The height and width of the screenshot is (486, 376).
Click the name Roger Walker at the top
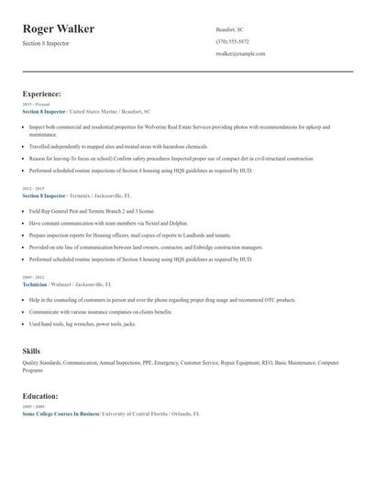pyautogui.click(x=59, y=28)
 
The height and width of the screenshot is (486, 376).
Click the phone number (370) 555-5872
pyautogui.click(x=232, y=41)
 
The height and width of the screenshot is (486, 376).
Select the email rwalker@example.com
pyautogui.click(x=240, y=53)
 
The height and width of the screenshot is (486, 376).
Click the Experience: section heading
pyautogui.click(x=42, y=94)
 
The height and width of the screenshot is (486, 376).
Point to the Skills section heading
pyautogui.click(x=31, y=351)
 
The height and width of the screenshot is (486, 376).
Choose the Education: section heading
pyautogui.click(x=40, y=396)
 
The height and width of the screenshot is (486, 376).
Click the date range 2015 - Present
pyautogui.click(x=37, y=105)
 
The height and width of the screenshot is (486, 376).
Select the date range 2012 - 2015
pyautogui.click(x=33, y=188)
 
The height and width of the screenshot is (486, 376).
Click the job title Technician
pyautogui.click(x=35, y=284)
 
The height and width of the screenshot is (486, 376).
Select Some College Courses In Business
pyautogui.click(x=61, y=414)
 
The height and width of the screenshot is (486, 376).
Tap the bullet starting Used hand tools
pyautogui.click(x=83, y=324)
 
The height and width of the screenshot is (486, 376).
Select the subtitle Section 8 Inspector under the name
pyautogui.click(x=45, y=43)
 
